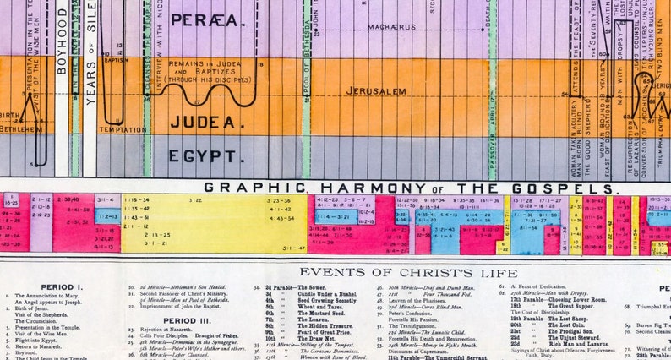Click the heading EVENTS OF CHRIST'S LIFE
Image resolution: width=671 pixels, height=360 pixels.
pyautogui.click(x=408, y=272)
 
